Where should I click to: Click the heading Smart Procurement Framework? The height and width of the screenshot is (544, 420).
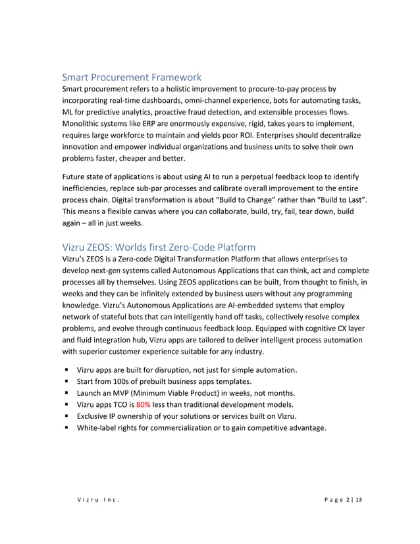(132, 77)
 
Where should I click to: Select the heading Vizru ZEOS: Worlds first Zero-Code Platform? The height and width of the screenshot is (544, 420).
(159, 247)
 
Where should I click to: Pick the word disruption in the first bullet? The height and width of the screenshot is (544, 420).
(177, 369)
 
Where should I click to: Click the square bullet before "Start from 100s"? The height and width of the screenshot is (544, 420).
(67, 381)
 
